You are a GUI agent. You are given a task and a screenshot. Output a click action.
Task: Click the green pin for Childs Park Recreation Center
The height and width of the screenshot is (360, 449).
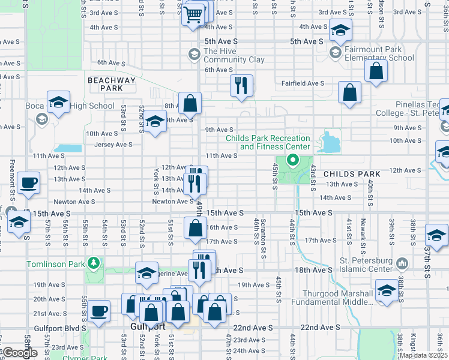click(x=293, y=160)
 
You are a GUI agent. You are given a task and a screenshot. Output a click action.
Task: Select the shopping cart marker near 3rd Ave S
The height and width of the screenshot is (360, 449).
click(x=193, y=14)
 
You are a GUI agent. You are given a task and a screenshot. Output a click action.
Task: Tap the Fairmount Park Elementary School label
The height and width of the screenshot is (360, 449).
click(x=379, y=54)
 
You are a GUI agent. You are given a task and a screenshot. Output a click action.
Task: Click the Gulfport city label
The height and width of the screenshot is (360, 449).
click(x=148, y=327)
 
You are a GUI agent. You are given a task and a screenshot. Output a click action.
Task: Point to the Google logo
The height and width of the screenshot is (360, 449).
click(x=19, y=353)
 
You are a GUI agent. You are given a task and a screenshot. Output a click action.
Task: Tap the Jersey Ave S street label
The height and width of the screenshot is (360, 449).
click(x=113, y=145)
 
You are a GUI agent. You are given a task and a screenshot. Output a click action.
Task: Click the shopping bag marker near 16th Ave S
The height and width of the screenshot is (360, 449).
click(x=196, y=228)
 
